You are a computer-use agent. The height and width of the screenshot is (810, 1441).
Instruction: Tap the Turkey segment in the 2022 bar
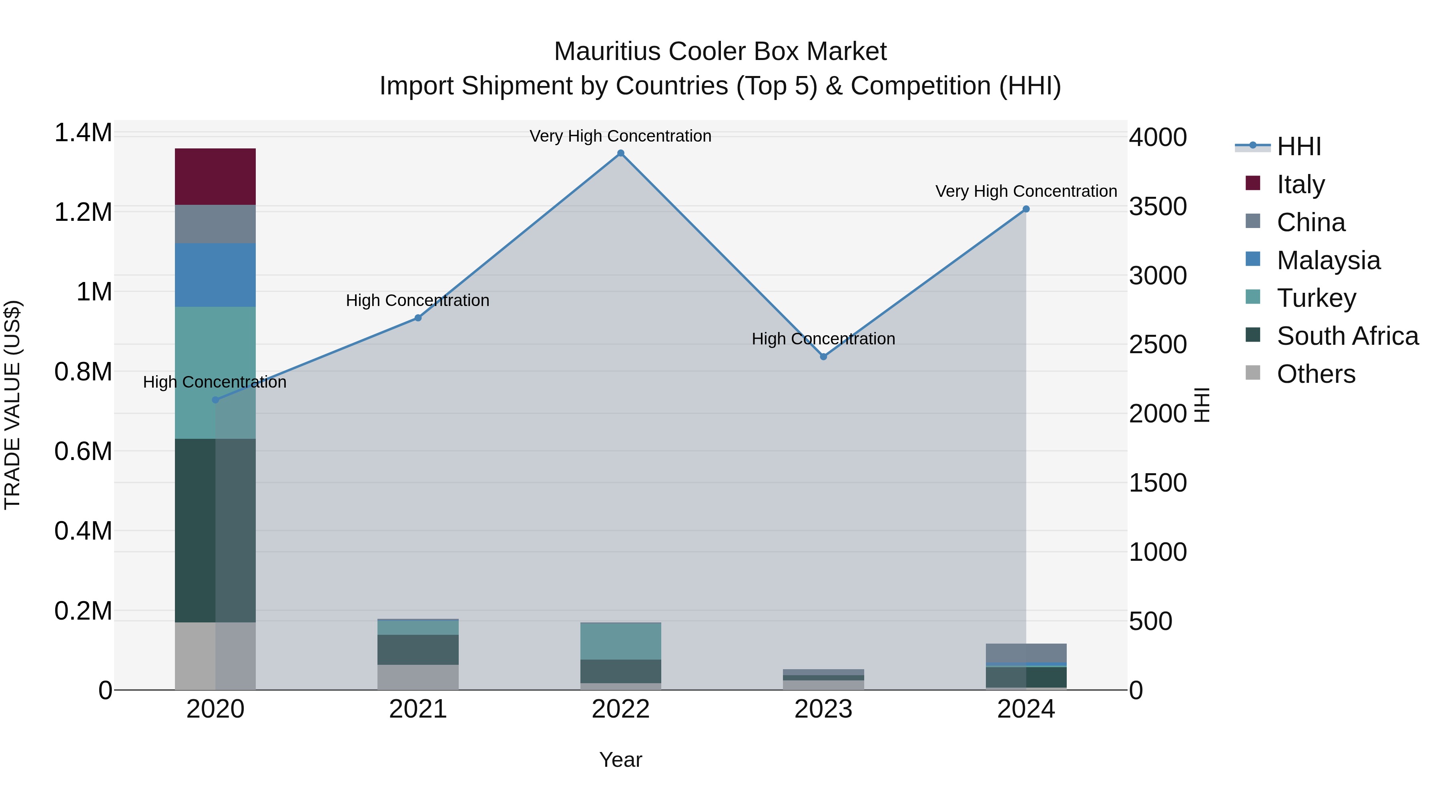tap(620, 641)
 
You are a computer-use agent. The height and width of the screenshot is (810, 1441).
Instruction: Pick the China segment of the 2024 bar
tap(1026, 652)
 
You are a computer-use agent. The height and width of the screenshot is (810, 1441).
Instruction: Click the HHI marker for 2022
tap(620, 153)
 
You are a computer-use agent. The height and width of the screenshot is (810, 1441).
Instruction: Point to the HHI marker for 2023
tap(823, 357)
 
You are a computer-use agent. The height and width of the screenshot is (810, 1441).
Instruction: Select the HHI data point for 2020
tap(215, 400)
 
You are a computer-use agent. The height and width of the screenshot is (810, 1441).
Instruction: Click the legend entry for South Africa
tap(1347, 336)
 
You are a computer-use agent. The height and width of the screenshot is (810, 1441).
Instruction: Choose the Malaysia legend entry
tap(1328, 260)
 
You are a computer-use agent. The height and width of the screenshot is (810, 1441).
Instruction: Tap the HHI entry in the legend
tap(1299, 146)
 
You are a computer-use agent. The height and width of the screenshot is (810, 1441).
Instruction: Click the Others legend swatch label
tap(1316, 374)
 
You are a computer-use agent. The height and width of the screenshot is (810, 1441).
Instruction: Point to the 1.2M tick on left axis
tap(83, 212)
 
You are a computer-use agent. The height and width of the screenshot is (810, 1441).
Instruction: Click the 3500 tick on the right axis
tap(1157, 206)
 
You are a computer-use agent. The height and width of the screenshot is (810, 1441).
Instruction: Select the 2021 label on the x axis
tap(417, 709)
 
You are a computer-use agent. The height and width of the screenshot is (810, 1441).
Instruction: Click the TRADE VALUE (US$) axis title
tap(12, 405)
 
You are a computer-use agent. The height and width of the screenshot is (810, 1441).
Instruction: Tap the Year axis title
tap(620, 760)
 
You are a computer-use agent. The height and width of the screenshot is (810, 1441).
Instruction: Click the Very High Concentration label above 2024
tap(1026, 191)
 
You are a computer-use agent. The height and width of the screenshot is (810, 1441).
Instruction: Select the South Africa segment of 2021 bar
tap(417, 649)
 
